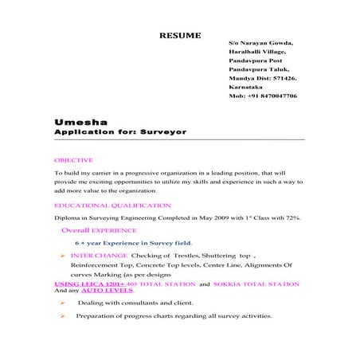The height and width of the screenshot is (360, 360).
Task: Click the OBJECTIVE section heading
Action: (x=73, y=161)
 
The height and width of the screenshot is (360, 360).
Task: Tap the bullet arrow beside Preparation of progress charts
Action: (x=63, y=316)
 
